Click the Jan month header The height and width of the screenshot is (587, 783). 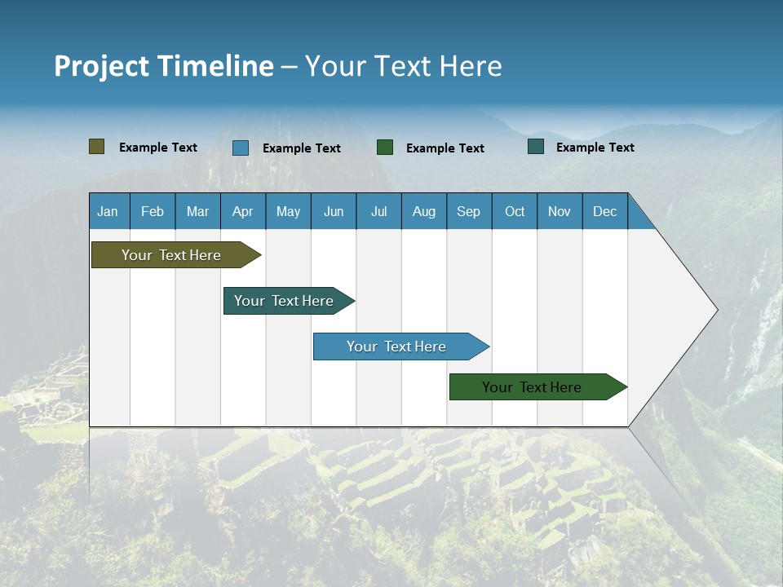tap(108, 211)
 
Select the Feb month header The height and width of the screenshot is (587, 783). tap(153, 211)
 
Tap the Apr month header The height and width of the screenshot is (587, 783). tap(243, 211)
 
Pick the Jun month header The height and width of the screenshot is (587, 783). tap(334, 211)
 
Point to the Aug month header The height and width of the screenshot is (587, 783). tap(424, 211)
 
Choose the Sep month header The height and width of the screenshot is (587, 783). tap(469, 211)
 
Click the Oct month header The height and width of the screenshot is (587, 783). tap(515, 211)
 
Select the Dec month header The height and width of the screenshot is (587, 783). tap(605, 211)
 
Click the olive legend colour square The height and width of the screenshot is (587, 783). tap(97, 147)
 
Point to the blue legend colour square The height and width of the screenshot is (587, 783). tap(241, 148)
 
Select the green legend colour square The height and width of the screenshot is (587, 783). tap(385, 148)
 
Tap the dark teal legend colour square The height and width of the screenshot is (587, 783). tap(536, 147)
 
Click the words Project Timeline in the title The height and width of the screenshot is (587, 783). tap(164, 66)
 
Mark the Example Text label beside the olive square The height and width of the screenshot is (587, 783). tap(158, 148)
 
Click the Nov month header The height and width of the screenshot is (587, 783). tap(560, 211)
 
